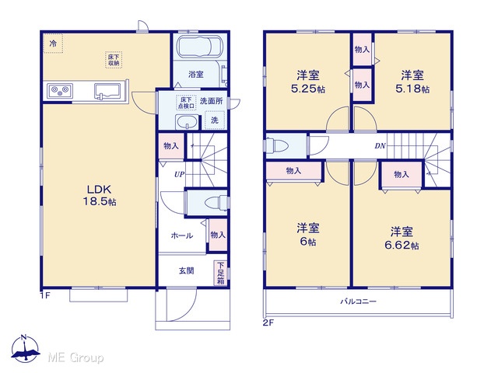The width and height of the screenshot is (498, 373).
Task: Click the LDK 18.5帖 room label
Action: coord(100,195)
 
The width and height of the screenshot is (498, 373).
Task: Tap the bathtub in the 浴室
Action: coord(200,47)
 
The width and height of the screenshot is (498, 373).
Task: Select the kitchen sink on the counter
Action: coord(107,91)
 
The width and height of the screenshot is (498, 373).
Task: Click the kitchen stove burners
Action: coord(60,91)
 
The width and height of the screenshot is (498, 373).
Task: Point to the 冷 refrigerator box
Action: coord(53,44)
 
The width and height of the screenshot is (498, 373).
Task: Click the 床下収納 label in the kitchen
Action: coord(114,60)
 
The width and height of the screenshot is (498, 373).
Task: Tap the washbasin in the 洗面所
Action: coord(187,122)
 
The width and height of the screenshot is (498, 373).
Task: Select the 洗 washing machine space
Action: coord(215,120)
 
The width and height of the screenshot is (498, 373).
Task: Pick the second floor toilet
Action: coord(277,145)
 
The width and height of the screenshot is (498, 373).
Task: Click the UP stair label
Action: coord(179,174)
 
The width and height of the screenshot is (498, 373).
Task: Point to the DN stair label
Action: coord(380,146)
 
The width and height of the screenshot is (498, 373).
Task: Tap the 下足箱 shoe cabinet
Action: coord(221,273)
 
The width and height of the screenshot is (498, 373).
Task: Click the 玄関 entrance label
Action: coord(186,270)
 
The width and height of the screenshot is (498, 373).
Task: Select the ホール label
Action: coord(181,235)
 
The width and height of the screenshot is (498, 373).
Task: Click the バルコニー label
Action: coord(358,301)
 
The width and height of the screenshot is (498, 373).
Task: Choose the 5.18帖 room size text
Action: coord(412,89)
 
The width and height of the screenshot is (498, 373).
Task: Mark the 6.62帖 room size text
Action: coord(402,246)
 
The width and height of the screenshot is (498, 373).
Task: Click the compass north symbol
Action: coord(25,348)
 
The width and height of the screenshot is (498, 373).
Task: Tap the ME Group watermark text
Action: coord(75,357)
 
